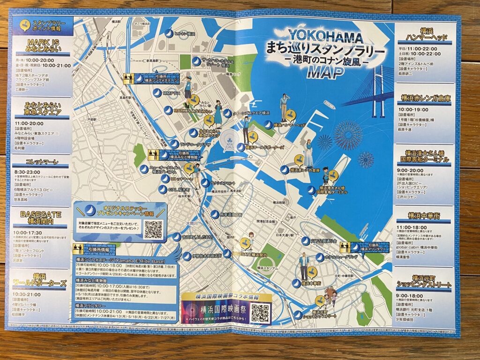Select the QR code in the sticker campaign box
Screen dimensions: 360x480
click(153, 229)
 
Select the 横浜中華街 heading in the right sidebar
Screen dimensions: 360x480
click(425, 215)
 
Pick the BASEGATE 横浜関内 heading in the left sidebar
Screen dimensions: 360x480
click(41, 217)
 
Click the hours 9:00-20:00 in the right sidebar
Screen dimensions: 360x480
click(411, 170)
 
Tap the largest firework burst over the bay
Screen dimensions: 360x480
click(348, 135)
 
